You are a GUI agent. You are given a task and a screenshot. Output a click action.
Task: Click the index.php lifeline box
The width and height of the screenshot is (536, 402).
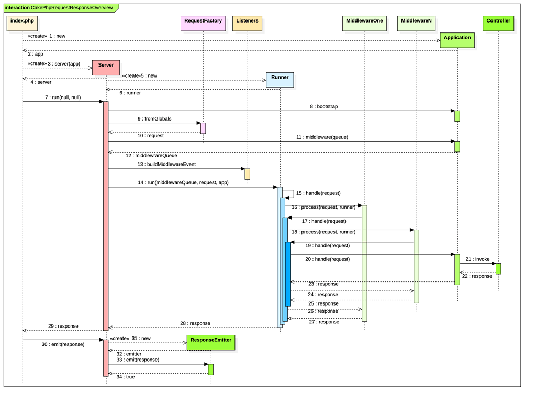[x=23, y=23]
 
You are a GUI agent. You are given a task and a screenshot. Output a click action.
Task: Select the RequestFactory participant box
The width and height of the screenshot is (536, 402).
[x=203, y=23]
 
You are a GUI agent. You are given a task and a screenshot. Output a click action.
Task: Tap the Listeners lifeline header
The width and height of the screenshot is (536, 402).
[x=247, y=23]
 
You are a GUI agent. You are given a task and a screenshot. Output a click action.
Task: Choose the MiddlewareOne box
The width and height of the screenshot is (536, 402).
[x=364, y=23]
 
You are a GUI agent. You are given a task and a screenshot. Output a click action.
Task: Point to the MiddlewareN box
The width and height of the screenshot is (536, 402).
[x=416, y=23]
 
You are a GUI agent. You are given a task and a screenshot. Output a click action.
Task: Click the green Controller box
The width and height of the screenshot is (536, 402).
[x=498, y=23]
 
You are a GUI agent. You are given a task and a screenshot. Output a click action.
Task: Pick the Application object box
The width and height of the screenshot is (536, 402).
[x=457, y=40]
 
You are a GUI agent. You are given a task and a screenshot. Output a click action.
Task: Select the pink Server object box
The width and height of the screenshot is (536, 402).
[x=106, y=68]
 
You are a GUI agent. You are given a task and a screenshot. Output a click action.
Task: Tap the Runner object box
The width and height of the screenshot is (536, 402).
[x=280, y=80]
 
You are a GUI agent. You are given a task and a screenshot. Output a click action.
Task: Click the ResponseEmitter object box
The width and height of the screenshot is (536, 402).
[x=210, y=342]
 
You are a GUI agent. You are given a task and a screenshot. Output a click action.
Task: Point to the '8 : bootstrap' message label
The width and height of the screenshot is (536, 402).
[x=324, y=107]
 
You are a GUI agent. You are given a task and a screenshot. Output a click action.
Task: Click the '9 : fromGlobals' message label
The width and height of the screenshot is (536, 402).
[x=154, y=119]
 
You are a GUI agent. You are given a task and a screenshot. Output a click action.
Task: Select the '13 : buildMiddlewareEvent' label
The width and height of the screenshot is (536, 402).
[x=166, y=164]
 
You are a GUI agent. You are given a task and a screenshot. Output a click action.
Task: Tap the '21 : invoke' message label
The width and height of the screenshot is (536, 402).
[x=477, y=259]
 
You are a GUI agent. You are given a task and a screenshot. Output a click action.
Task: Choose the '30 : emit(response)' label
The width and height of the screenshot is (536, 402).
[x=63, y=344]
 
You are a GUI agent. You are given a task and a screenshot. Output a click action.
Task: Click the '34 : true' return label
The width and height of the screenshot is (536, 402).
[x=125, y=376]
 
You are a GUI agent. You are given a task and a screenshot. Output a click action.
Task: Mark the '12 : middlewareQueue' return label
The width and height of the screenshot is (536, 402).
[x=151, y=155]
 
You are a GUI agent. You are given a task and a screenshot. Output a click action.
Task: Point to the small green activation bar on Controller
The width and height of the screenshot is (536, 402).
[x=498, y=268]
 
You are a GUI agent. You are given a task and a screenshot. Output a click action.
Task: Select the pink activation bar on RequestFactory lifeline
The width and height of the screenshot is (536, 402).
[x=203, y=128]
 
